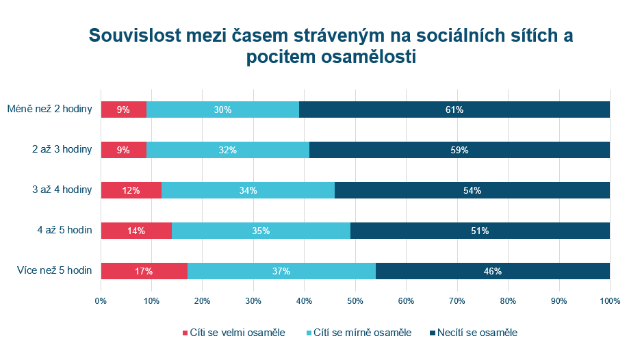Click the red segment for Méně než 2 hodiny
point(123,110)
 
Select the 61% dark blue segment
point(454,110)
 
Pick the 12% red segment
point(131,190)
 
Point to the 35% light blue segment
point(260,231)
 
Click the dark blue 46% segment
point(493,271)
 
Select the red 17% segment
point(144,271)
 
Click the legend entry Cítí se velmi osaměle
point(233,333)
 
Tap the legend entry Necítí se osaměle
point(478,333)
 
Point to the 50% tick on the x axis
point(355,301)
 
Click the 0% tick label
point(101,301)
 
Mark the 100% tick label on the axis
point(610,301)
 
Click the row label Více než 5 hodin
point(55,270)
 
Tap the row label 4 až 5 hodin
point(63,230)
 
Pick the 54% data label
point(472,190)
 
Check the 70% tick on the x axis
point(457,301)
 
